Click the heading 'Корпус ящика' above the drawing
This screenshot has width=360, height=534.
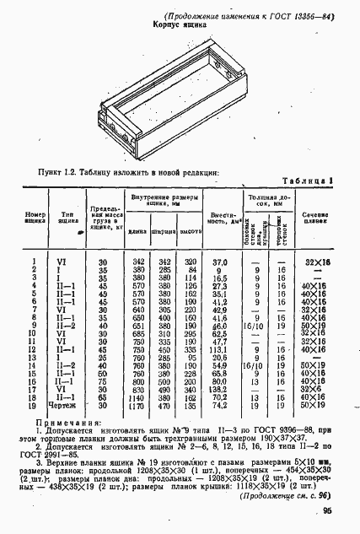point(180,26)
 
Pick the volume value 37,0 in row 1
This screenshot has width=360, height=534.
point(221,262)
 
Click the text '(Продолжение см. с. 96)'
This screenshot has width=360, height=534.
point(287,495)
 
